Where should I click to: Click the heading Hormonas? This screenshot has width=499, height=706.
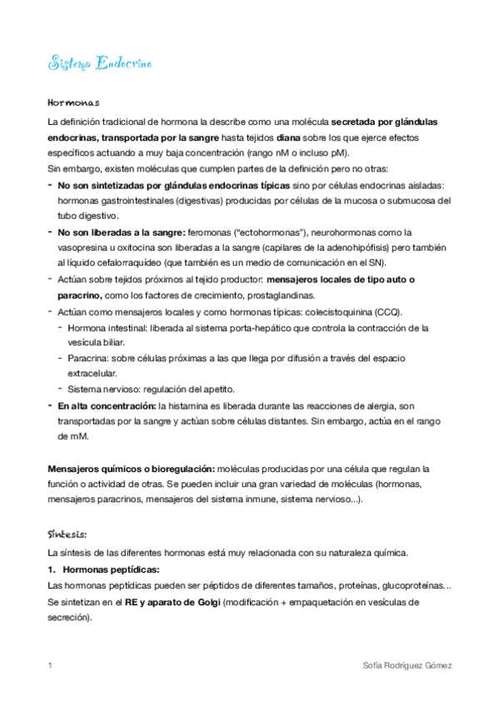click(73, 103)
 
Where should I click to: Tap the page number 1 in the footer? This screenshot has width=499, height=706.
click(51, 666)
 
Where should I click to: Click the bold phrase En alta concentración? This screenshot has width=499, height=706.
click(105, 405)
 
